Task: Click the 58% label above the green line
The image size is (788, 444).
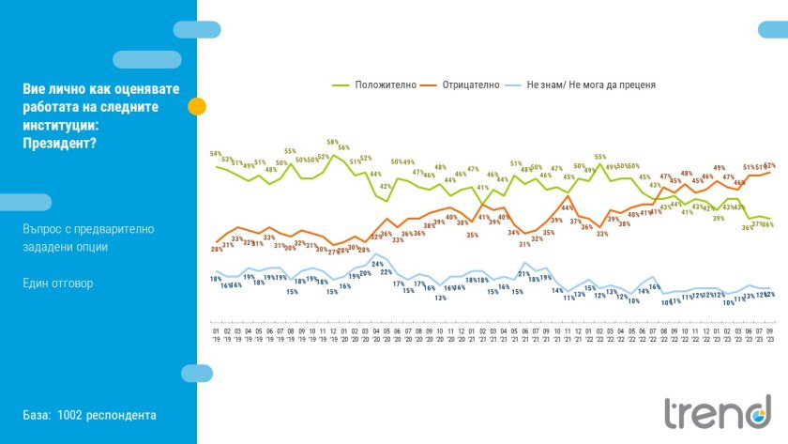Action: pyautogui.click(x=332, y=144)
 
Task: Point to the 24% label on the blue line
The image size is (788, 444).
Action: pyautogui.click(x=377, y=265)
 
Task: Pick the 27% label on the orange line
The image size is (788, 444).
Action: pyautogui.click(x=332, y=251)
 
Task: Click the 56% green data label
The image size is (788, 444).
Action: pyautogui.click(x=343, y=147)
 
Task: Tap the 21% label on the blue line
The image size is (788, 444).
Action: pyautogui.click(x=524, y=273)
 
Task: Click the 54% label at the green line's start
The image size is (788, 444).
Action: pyautogui.click(x=216, y=154)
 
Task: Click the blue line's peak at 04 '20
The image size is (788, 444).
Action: pyautogui.click(x=377, y=254)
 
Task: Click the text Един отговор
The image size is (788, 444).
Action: pyautogui.click(x=58, y=283)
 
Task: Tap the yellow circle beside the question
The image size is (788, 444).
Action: pyautogui.click(x=197, y=106)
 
